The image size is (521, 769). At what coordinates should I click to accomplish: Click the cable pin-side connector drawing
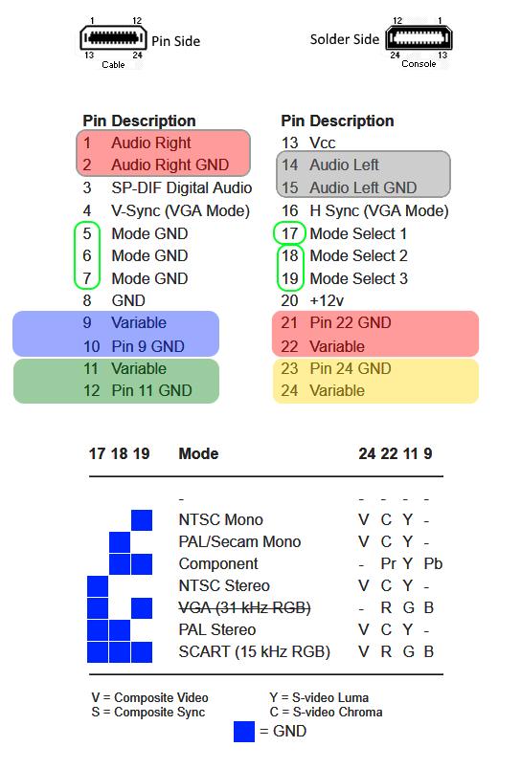[113, 37]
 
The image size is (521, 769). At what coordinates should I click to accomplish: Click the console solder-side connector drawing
[419, 37]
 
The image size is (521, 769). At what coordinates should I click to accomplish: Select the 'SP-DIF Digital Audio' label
[182, 187]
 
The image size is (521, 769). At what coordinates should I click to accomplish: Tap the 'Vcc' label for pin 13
[322, 143]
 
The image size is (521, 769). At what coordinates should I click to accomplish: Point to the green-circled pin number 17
[290, 233]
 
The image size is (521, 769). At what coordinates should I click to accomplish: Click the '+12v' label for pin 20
[327, 300]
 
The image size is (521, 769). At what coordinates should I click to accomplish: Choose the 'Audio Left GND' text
[363, 187]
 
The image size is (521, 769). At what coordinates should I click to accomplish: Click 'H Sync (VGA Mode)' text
[379, 210]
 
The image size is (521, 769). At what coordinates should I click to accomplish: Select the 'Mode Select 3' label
[358, 278]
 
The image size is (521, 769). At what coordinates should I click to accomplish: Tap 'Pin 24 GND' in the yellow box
[351, 368]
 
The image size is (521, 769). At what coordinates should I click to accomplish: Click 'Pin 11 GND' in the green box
[151, 390]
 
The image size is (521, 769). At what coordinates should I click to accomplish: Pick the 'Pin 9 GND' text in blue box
[147, 346]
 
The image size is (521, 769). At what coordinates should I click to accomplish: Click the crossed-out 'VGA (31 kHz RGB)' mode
[244, 608]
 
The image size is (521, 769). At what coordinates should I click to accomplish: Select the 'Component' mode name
[218, 564]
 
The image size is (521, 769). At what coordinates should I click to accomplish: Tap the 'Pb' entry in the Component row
[433, 563]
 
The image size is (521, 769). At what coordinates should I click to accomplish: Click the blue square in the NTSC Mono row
[142, 520]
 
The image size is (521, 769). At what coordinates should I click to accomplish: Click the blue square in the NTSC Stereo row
[98, 586]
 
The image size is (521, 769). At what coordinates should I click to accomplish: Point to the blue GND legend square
[244, 732]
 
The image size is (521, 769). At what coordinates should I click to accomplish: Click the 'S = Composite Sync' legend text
[147, 713]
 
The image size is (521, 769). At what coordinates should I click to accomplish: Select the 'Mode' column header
[198, 453]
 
